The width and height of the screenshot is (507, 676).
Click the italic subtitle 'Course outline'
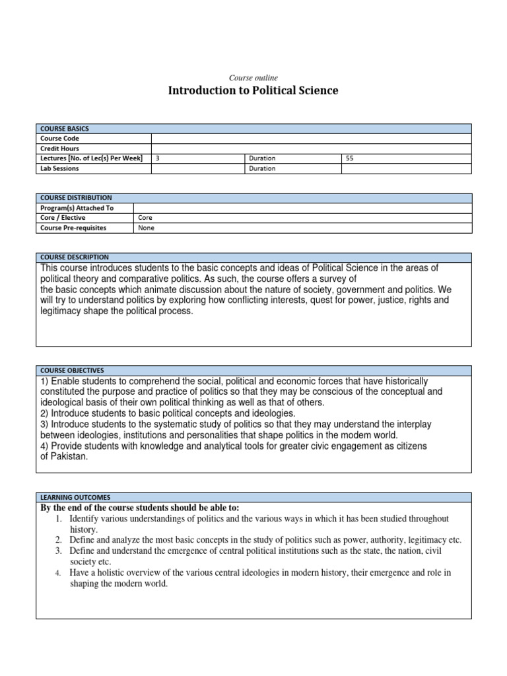[253, 78]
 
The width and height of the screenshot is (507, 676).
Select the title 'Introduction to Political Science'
[253, 90]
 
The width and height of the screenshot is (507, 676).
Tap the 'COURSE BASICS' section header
[65, 129]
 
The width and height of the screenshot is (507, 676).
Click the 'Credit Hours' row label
[59, 149]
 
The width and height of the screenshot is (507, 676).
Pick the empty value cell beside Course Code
[311, 139]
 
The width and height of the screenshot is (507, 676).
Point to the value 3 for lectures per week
[157, 158]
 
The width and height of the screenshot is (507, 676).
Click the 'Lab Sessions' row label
[59, 168]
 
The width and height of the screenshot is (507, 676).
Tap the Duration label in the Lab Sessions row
[262, 168]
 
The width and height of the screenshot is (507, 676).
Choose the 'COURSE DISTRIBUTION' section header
[76, 197]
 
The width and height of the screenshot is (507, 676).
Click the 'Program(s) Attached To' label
[77, 208]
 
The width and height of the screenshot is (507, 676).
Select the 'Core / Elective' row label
[63, 218]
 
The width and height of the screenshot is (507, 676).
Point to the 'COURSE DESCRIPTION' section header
[75, 257]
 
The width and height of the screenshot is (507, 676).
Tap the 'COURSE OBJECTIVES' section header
[72, 370]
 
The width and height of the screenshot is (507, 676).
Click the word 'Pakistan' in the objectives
[69, 457]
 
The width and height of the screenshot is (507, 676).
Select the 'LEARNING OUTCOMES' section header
[75, 497]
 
